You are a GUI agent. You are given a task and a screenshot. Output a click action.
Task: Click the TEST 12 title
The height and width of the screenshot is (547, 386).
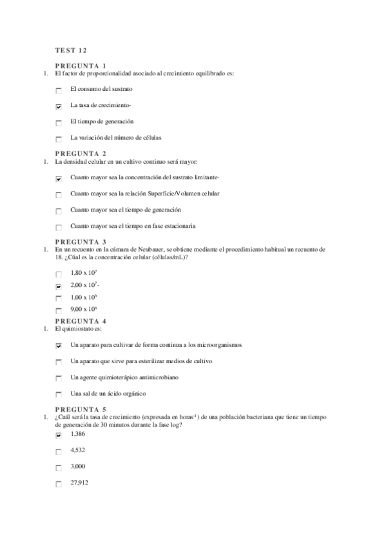[71, 50]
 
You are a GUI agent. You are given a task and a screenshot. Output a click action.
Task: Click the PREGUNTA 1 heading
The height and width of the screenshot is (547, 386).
[81, 66]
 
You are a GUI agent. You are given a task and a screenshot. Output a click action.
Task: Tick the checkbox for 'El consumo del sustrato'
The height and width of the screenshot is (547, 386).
[59, 91]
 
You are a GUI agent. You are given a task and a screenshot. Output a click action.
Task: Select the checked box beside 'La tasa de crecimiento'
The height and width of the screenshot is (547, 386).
[59, 106]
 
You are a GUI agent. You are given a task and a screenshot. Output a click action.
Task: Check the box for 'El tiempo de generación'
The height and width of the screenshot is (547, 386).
[59, 123]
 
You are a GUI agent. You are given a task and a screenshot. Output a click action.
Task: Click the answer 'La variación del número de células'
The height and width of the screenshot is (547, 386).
[116, 138]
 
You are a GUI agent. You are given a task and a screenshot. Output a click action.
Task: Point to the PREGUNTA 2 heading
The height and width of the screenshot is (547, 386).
[81, 154]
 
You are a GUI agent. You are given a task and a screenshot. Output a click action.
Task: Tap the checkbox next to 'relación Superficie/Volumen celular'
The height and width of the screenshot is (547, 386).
[59, 195]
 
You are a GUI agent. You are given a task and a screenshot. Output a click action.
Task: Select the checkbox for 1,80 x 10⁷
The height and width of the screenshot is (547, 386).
[59, 274]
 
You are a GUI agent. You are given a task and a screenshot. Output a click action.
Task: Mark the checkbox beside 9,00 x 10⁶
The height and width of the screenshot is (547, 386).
[59, 311]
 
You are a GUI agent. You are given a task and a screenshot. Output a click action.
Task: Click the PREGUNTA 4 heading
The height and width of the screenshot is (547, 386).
[81, 321]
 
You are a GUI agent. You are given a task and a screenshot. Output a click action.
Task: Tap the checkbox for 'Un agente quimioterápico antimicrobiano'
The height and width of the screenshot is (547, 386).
[59, 378]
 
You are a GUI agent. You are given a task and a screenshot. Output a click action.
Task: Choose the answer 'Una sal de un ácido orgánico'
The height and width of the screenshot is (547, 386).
[108, 393]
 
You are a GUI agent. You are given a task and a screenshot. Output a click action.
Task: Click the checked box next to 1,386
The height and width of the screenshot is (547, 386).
[59, 435]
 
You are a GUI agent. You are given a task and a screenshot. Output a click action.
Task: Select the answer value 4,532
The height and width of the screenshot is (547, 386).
[78, 450]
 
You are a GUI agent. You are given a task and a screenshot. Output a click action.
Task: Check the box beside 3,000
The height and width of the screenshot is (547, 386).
[59, 468]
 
